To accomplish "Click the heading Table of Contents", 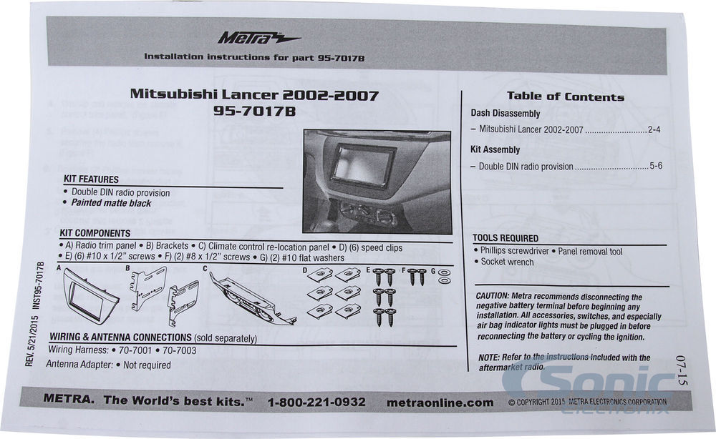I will (565, 97).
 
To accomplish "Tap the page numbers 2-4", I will (653, 130).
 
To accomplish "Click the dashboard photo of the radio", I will (377, 182).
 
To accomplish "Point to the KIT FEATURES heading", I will (91, 179).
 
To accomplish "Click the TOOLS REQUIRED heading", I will (505, 238).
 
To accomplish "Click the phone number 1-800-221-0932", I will (316, 402).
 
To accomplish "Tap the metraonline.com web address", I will (440, 402).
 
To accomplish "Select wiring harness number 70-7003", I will (179, 351).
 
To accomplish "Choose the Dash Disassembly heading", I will (505, 114).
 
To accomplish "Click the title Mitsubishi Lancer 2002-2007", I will (254, 94).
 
